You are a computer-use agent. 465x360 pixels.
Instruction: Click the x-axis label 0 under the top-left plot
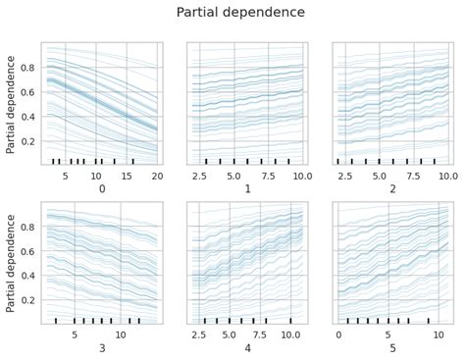click(101, 188)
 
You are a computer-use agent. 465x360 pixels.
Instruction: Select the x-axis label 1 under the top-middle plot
click(247, 188)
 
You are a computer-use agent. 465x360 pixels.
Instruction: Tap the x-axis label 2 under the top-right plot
click(392, 188)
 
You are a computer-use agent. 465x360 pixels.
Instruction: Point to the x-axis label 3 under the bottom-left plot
click(101, 348)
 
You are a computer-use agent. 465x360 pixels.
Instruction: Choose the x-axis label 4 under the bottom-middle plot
click(247, 348)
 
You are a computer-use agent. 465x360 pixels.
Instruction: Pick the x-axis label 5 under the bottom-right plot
click(392, 348)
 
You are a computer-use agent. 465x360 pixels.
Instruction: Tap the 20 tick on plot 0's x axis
click(157, 174)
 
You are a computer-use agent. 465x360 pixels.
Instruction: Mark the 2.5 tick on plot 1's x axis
click(199, 174)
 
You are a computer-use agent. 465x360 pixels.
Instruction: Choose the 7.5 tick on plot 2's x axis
click(421, 174)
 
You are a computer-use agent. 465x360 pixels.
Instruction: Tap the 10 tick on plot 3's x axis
click(121, 334)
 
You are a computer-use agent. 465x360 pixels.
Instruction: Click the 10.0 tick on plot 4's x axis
click(290, 334)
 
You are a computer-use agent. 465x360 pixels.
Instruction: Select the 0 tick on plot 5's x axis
click(338, 334)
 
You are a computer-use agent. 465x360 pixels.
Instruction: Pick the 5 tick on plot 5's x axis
click(388, 334)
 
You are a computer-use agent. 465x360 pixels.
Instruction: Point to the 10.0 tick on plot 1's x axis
click(301, 174)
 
